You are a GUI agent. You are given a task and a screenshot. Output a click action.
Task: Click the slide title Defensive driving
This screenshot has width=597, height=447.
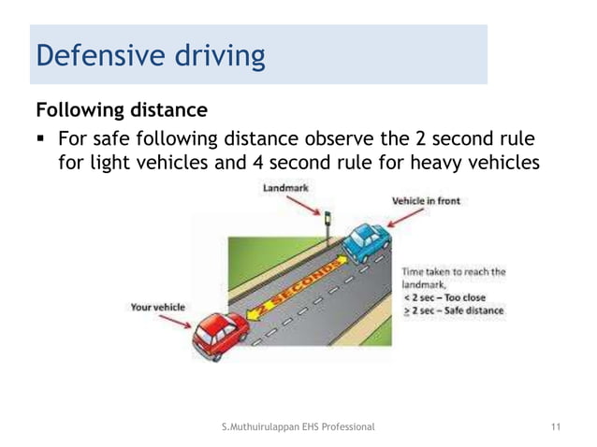(149, 55)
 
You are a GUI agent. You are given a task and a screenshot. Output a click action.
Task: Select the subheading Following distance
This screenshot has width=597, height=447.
(121, 110)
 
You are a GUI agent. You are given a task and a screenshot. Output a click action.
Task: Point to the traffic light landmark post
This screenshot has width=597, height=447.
(327, 229)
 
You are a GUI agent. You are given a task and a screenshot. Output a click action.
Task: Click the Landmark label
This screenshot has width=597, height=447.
(287, 187)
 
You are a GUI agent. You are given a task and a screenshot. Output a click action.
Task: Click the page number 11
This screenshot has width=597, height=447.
(556, 427)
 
